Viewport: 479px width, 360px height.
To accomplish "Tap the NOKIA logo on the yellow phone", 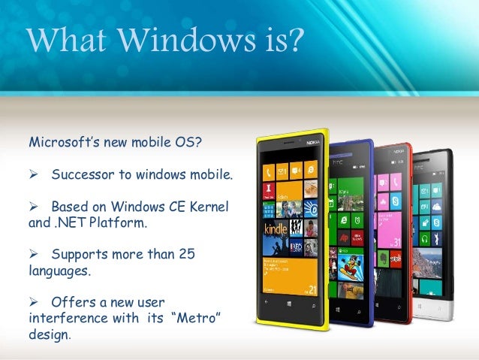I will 313,142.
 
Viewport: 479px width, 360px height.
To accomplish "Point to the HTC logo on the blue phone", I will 359,148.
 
